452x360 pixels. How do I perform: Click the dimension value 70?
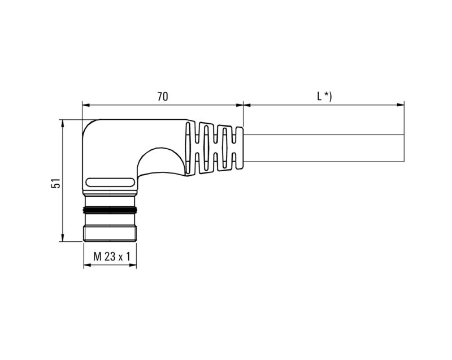click(162, 97)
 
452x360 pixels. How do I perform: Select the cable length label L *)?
click(324, 97)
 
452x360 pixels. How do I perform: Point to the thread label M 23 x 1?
click(111, 257)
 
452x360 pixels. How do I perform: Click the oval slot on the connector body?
click(111, 183)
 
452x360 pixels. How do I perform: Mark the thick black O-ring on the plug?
click(111, 210)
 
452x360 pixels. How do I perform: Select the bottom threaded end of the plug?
click(111, 232)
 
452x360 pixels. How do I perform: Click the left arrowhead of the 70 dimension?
click(85, 105)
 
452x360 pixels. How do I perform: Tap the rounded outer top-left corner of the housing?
click(90, 127)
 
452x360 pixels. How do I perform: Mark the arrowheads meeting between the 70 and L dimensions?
click(243, 105)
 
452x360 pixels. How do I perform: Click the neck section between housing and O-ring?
click(111, 200)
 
